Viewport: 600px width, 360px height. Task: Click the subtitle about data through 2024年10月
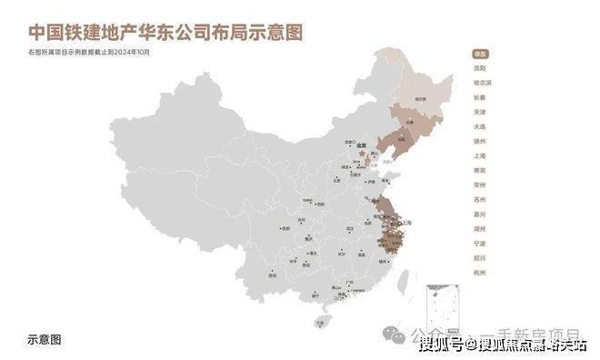88,53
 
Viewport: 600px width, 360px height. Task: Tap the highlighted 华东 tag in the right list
479,54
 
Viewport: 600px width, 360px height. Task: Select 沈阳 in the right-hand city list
479,68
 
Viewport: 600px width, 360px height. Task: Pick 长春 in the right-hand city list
479,97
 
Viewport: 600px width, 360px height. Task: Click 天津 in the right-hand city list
479,112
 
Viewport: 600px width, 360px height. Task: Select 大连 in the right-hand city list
479,127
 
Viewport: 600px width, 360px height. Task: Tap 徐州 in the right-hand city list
479,142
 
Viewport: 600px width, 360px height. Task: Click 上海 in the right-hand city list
479,156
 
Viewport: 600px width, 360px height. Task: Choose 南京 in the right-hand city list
479,171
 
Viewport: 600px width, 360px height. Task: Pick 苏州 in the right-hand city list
479,200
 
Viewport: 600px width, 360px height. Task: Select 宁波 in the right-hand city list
479,244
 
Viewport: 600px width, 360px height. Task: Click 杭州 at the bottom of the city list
479,273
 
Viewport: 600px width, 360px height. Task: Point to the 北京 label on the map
361,145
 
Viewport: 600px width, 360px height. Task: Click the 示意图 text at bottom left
45,338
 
